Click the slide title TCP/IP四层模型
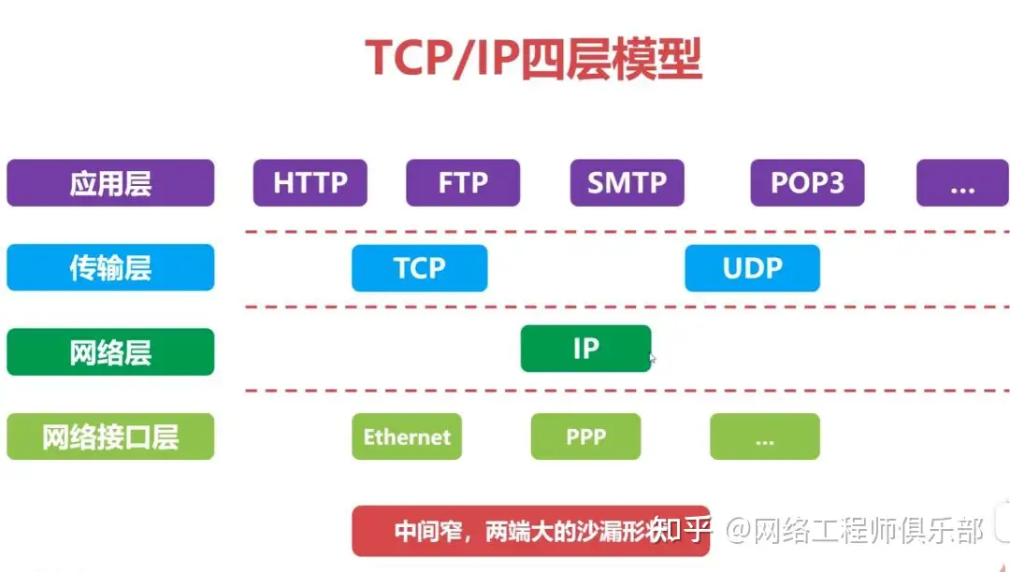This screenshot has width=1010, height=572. click(x=533, y=58)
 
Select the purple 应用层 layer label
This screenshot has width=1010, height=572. click(x=110, y=183)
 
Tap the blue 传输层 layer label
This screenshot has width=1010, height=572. click(x=110, y=268)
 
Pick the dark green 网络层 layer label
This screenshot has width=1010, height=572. click(x=110, y=352)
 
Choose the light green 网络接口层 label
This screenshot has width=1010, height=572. click(x=110, y=436)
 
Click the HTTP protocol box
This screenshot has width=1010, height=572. click(x=310, y=183)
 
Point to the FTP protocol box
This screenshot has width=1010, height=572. click(x=463, y=183)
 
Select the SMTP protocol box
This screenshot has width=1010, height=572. click(x=627, y=183)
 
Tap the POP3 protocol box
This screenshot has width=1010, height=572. click(x=807, y=183)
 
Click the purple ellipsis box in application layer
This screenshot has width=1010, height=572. click(x=962, y=183)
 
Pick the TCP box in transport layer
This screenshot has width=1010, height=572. click(x=419, y=268)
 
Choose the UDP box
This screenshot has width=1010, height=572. click(x=752, y=268)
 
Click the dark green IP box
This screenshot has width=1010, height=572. click(x=585, y=349)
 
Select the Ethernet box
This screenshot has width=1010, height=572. click(x=407, y=436)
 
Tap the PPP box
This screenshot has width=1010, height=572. click(x=585, y=436)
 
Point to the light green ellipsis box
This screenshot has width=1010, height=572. click(x=764, y=436)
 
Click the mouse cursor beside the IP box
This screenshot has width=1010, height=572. click(x=653, y=358)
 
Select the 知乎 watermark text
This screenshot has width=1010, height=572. click(x=681, y=530)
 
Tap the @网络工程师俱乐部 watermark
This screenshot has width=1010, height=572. click(x=856, y=531)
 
